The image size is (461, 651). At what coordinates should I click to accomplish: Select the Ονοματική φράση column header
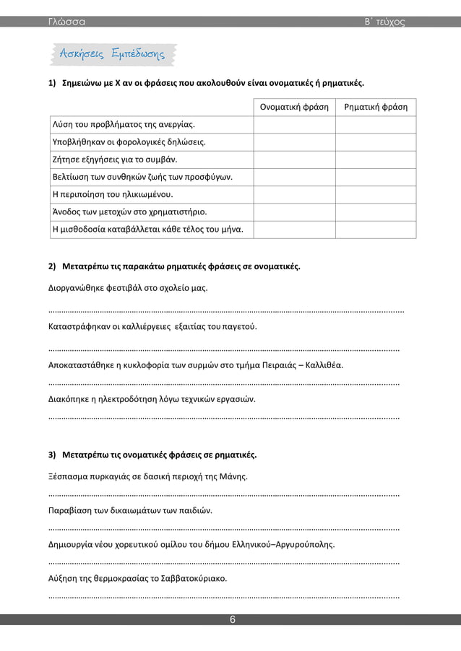(293, 108)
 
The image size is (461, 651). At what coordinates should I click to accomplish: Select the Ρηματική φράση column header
(376, 108)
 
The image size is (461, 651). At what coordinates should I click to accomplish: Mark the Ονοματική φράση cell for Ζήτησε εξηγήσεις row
(293, 160)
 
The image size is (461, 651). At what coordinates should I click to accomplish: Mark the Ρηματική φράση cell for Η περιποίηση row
(376, 195)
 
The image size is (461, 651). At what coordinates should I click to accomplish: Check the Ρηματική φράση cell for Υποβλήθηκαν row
(376, 142)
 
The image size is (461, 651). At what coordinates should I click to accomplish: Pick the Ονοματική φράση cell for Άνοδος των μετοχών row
(293, 212)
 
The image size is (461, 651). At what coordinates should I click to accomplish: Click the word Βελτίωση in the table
(70, 178)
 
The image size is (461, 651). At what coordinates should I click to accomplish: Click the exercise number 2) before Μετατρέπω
(51, 266)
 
